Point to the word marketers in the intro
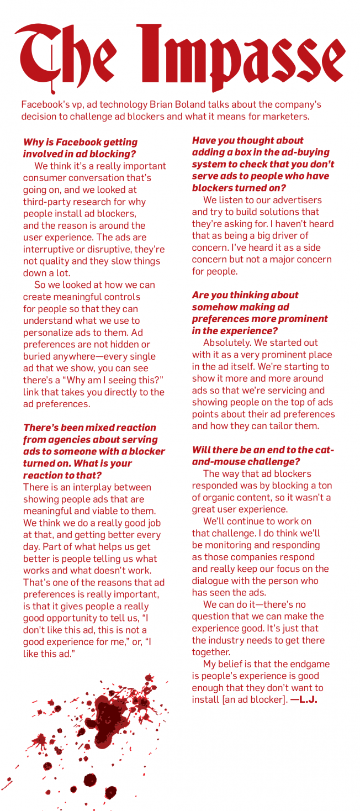click(x=282, y=117)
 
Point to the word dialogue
click(x=213, y=581)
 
